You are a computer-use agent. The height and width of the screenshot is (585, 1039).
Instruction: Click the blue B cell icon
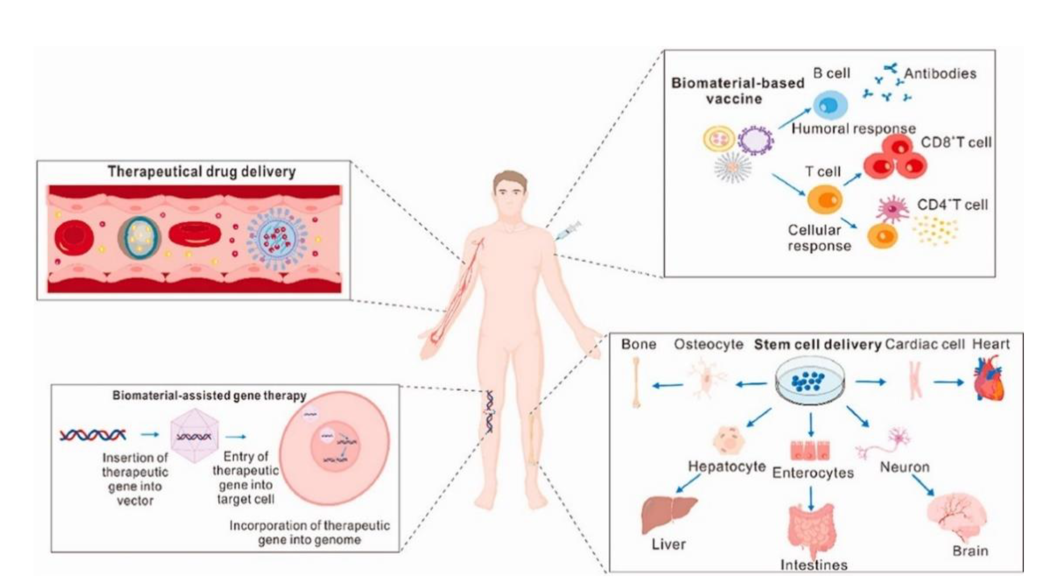(x=830, y=106)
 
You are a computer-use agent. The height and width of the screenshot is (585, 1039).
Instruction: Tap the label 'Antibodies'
(x=940, y=74)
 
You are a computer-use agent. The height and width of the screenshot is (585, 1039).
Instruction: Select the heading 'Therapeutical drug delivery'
(x=202, y=172)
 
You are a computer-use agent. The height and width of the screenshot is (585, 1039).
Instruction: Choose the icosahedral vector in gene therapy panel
(x=194, y=436)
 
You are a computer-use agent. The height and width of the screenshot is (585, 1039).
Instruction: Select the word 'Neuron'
(x=905, y=467)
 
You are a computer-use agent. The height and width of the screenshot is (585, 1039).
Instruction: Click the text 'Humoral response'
(x=853, y=129)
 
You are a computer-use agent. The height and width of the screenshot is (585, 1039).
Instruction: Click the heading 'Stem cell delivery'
(x=818, y=345)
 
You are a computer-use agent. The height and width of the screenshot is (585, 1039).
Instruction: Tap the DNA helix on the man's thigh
(x=489, y=411)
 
